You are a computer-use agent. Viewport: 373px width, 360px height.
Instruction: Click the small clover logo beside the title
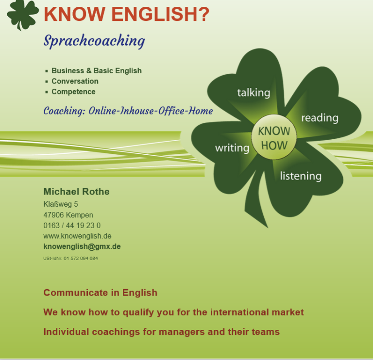[x=23, y=14]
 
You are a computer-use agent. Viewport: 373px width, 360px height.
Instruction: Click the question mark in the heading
[x=203, y=14]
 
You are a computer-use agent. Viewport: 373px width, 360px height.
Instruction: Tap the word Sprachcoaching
[x=94, y=41]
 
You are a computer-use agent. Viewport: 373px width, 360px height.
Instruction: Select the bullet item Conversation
[x=75, y=82]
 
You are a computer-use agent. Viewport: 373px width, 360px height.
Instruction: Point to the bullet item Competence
[x=73, y=92]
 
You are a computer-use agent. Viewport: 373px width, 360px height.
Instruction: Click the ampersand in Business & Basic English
[x=89, y=71]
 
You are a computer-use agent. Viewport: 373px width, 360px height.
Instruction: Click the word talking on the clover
[x=254, y=93]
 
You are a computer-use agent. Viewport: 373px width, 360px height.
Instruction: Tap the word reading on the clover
[x=320, y=118]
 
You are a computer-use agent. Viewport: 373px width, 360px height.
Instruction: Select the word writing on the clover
[x=232, y=148]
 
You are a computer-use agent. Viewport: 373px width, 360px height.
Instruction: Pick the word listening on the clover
[x=301, y=176]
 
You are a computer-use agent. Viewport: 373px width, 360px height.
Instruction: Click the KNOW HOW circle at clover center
[x=274, y=137]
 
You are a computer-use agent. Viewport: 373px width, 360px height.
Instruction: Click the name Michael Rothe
[x=76, y=192]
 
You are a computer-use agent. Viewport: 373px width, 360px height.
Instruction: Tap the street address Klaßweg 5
[x=61, y=204]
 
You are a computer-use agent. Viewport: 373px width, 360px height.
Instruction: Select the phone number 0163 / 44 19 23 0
[x=72, y=225]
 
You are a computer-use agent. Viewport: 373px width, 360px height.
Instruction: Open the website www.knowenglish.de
[x=77, y=236]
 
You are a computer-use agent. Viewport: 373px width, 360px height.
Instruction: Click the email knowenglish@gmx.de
[x=82, y=246]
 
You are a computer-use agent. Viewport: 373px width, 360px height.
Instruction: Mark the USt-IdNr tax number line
[x=70, y=258]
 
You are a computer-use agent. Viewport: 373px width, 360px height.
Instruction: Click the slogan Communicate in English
[x=101, y=293]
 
